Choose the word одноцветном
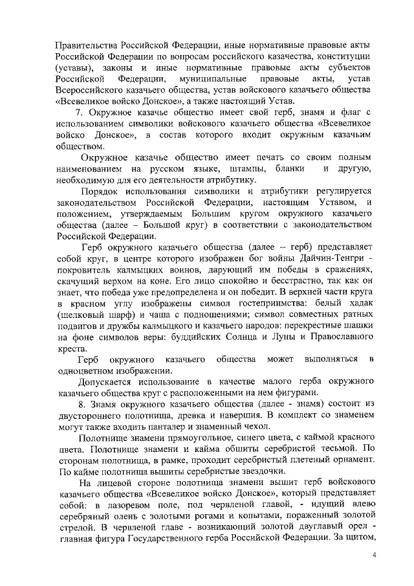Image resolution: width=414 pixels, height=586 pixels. pyautogui.click(x=86, y=371)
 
